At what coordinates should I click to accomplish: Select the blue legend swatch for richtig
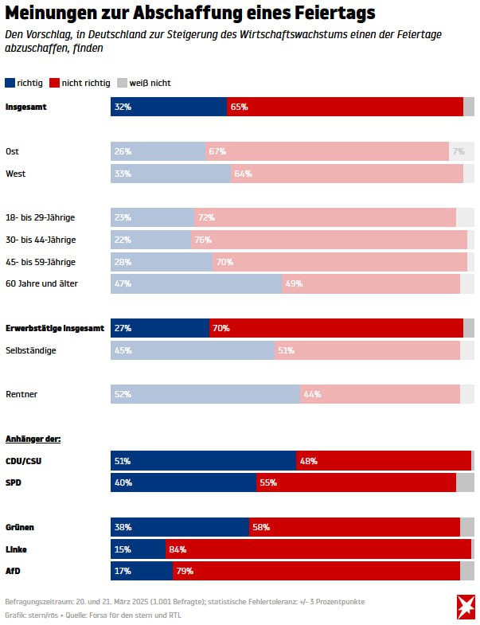tap(10, 83)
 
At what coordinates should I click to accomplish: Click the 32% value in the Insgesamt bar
tap(123, 107)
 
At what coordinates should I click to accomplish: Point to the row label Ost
tap(13, 151)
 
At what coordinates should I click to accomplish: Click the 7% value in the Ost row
tap(458, 151)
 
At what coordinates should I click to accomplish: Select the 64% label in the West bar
tap(243, 174)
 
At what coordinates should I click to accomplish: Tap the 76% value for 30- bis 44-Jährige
tap(203, 240)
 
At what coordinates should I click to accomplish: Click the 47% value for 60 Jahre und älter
tap(123, 283)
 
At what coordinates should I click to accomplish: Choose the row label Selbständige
tap(31, 350)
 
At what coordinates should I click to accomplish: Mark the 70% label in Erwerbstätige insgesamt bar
tap(220, 328)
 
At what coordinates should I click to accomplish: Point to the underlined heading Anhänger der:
tap(33, 439)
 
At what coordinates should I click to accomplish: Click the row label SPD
tap(14, 483)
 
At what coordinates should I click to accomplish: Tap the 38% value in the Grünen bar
tap(123, 527)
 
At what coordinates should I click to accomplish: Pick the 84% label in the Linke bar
tap(178, 549)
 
